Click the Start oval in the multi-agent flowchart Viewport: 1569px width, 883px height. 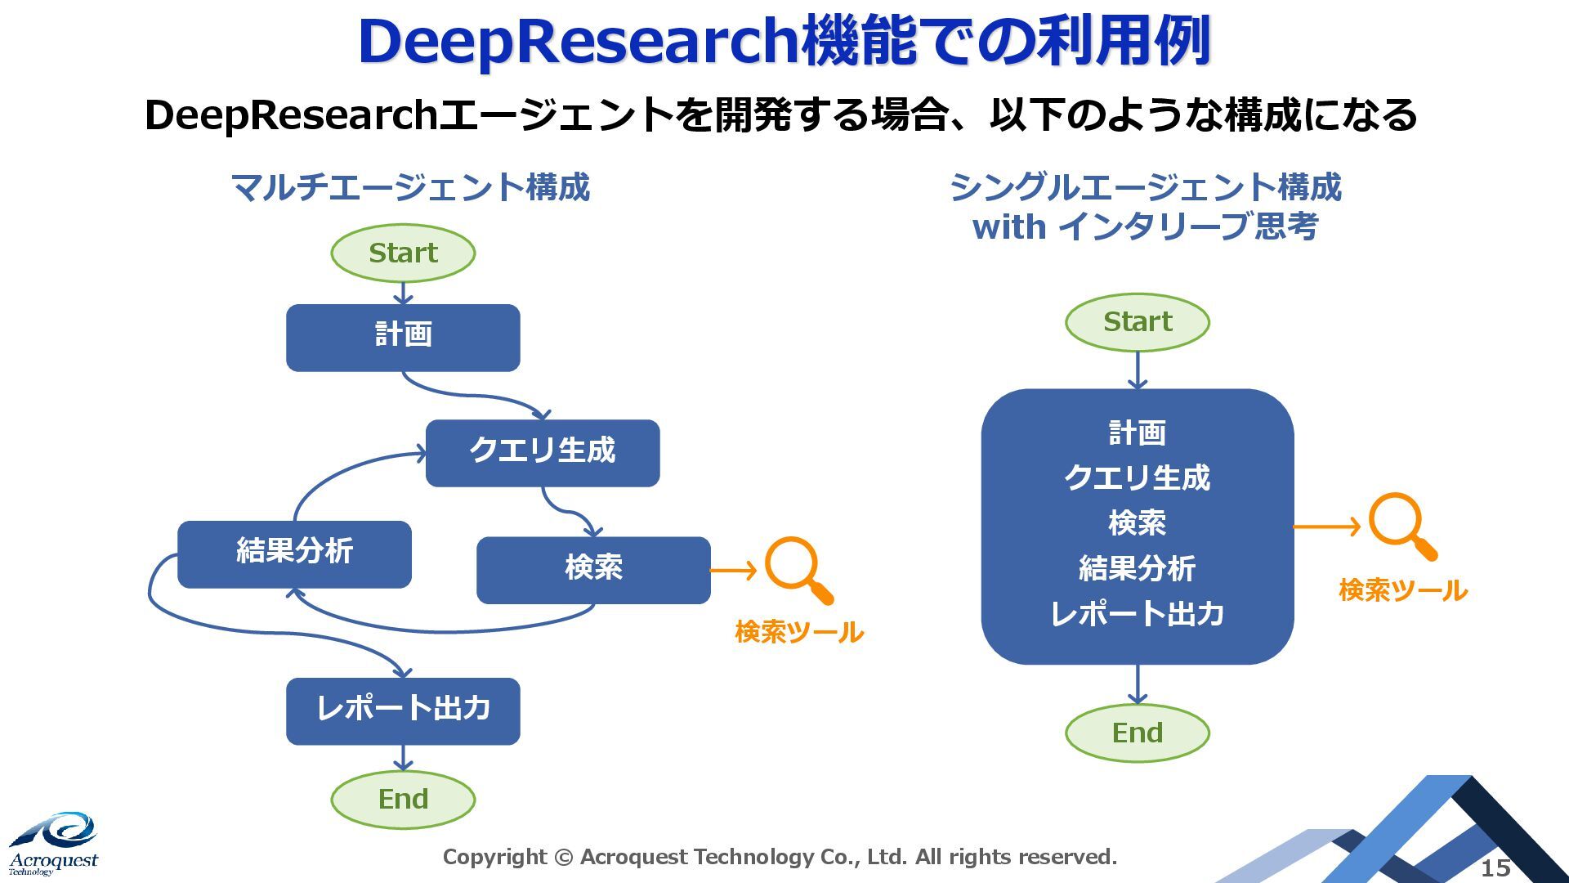[x=403, y=253]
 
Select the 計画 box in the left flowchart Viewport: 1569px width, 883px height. [x=403, y=338]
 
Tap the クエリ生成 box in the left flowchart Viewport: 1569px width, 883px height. [x=543, y=453]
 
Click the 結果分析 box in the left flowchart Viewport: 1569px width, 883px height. [x=294, y=554]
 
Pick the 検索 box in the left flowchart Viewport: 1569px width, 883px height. [x=593, y=570]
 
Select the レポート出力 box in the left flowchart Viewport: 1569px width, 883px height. [x=403, y=710]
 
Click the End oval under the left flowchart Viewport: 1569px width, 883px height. [x=403, y=799]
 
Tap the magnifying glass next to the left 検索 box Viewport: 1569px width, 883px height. [x=797, y=569]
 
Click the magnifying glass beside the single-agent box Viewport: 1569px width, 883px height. [x=1401, y=525]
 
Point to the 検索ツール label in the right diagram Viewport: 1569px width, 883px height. [x=1402, y=590]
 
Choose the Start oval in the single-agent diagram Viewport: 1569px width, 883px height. [x=1138, y=322]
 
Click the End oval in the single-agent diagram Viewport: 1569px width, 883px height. [x=1138, y=733]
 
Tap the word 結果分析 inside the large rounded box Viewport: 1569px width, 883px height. [x=1137, y=568]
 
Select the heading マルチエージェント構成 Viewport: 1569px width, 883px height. [x=410, y=187]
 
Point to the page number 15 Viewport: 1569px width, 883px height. [x=1495, y=867]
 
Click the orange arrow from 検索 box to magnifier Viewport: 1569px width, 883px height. [x=734, y=570]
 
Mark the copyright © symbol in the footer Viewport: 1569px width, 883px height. [x=563, y=858]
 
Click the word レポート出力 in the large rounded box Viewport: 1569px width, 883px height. [x=1137, y=614]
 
